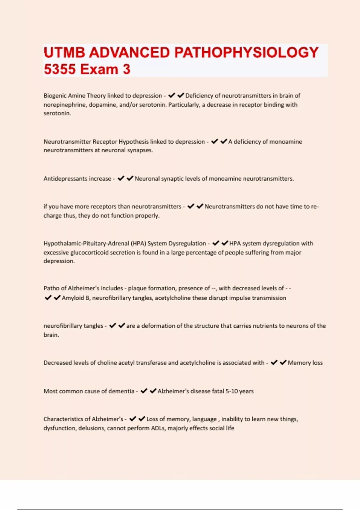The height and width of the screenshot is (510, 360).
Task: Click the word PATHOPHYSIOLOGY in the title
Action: (246, 53)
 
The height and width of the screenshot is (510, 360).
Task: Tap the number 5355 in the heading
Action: (60, 69)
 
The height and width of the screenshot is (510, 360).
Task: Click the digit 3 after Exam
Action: (127, 69)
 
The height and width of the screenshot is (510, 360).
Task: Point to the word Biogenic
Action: (55, 96)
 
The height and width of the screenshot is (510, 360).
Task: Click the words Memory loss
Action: (305, 363)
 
